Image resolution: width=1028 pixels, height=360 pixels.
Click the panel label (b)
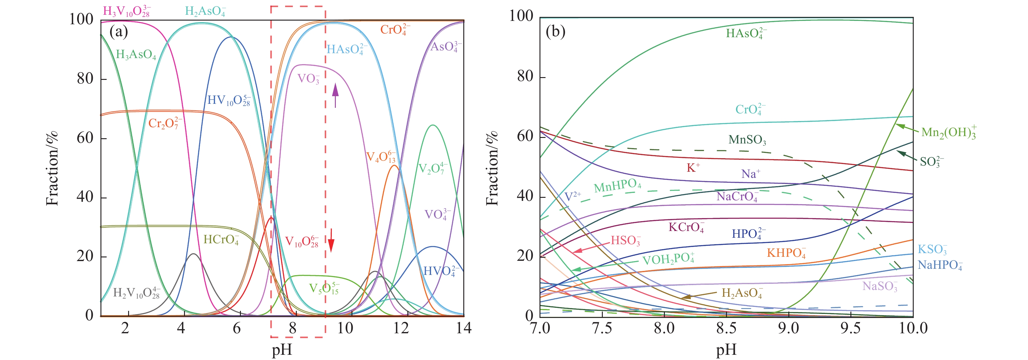point(555,31)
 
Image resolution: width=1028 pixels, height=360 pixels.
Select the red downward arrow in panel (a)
point(331,241)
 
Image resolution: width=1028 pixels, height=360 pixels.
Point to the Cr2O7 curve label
point(165,123)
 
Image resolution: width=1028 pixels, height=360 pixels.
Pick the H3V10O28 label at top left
point(127,11)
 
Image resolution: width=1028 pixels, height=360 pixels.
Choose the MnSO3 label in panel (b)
point(747,140)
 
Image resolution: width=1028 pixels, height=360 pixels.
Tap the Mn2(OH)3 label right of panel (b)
point(948,132)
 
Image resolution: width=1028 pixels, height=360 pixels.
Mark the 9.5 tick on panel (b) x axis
point(850,328)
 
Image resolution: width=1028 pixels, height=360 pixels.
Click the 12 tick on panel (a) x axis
point(401,328)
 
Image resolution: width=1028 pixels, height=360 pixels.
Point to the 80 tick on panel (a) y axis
point(86,79)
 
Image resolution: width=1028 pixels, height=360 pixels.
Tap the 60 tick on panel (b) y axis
point(525,136)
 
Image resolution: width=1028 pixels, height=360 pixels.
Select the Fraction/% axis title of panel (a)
point(52,168)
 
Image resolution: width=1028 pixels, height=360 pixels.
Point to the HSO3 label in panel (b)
point(625,240)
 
